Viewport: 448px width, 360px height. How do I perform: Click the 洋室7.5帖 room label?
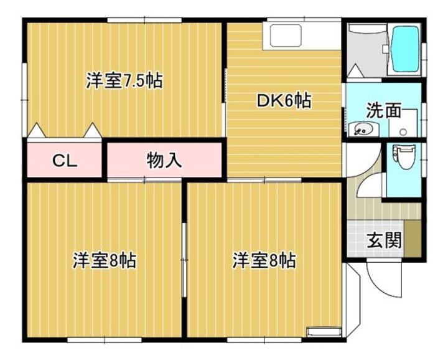click(x=124, y=81)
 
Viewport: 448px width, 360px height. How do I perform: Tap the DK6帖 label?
click(x=284, y=100)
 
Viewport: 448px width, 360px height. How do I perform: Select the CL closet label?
click(x=65, y=161)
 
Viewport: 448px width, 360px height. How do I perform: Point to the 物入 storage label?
click(x=164, y=161)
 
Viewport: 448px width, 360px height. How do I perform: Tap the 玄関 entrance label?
click(x=385, y=240)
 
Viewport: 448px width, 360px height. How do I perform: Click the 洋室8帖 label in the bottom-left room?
click(x=105, y=260)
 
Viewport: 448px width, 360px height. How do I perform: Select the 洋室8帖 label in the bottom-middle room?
click(x=264, y=260)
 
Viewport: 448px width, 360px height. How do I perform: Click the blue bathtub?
click(x=406, y=49)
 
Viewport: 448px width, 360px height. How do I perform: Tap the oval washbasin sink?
click(x=363, y=130)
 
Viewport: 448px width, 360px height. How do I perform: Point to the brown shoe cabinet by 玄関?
click(x=413, y=239)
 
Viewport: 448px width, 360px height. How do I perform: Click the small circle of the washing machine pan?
click(x=403, y=132)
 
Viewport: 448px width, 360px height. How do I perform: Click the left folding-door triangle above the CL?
click(x=36, y=130)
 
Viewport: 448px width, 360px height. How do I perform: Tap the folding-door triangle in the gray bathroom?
click(x=355, y=71)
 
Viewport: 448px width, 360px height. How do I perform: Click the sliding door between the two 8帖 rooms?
click(x=184, y=260)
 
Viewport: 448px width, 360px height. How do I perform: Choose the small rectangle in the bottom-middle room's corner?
click(x=324, y=331)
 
